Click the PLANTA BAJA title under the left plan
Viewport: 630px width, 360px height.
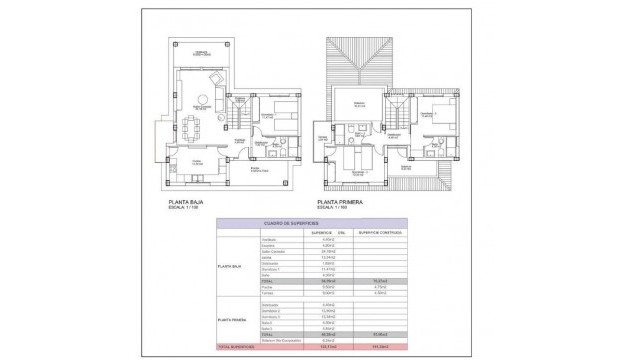click(188, 202)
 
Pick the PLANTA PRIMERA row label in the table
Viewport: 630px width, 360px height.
click(233, 319)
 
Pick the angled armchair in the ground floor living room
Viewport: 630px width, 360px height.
click(216, 81)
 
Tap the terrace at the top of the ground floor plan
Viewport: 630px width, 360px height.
click(202, 53)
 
